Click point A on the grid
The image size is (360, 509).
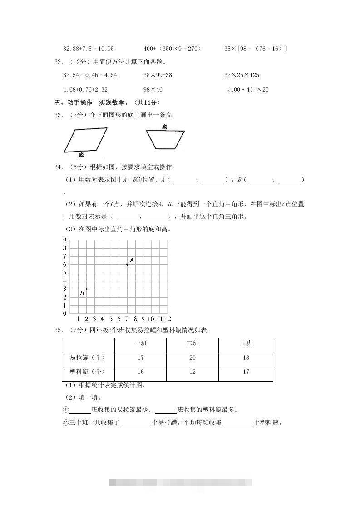pyautogui.click(x=127, y=264)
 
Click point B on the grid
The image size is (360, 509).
pyautogui.click(x=86, y=289)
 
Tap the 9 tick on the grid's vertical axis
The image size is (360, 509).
pyautogui.click(x=65, y=240)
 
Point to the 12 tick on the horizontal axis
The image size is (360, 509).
pyautogui.click(x=168, y=319)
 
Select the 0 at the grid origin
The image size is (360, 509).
pyautogui.click(x=65, y=313)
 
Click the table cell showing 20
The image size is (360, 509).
pyautogui.click(x=192, y=358)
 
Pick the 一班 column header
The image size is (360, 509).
pyautogui.click(x=141, y=343)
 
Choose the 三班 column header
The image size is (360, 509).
pyautogui.click(x=246, y=343)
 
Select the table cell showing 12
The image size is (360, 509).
pyautogui.click(x=192, y=372)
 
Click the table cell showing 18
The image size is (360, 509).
pyautogui.click(x=246, y=358)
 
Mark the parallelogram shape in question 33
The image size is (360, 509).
pyautogui.click(x=85, y=140)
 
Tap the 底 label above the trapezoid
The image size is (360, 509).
pyautogui.click(x=164, y=127)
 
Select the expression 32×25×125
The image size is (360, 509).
pyautogui.click(x=242, y=75)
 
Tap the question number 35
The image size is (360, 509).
pyautogui.click(x=58, y=330)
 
